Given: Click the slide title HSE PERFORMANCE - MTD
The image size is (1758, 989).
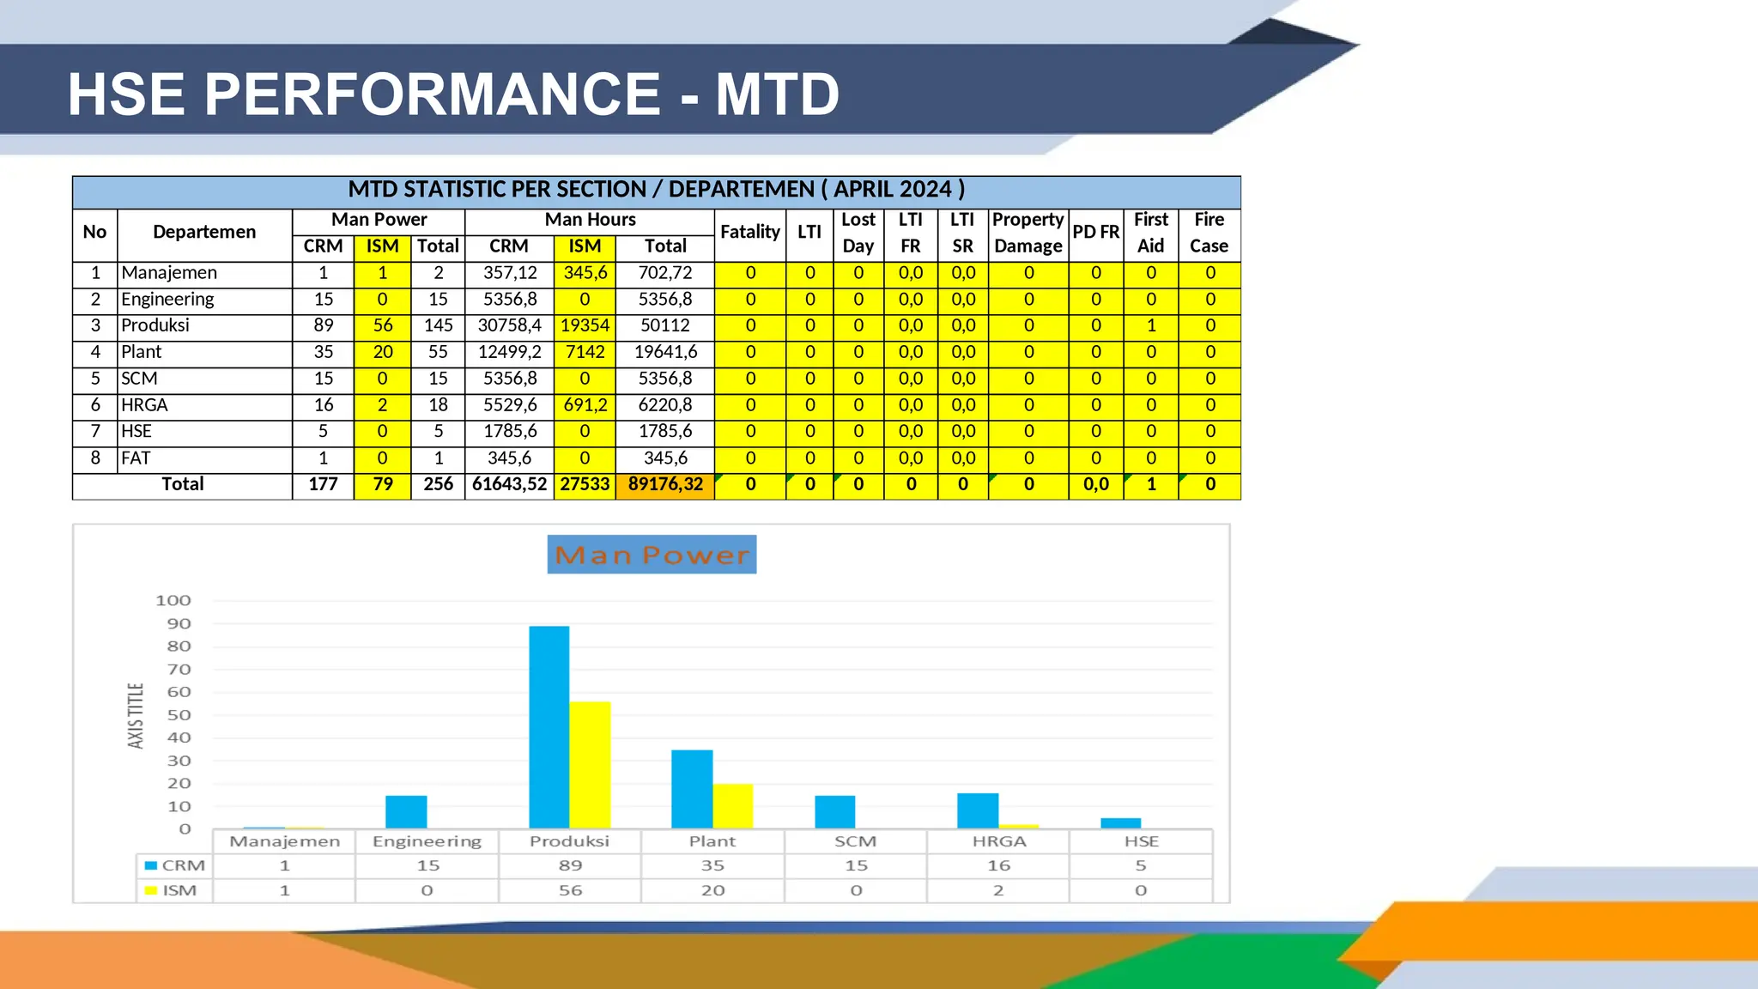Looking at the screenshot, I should click(x=453, y=94).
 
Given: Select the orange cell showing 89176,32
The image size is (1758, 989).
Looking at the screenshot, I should click(x=665, y=485).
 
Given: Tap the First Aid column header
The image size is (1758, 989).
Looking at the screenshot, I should click(x=1150, y=233).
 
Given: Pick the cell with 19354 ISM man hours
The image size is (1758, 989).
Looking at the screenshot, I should click(x=585, y=326).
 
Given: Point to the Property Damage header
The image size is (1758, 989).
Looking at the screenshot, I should click(x=1028, y=233).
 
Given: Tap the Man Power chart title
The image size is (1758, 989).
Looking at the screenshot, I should click(x=652, y=555).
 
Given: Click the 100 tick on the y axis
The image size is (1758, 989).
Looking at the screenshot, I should click(x=173, y=601).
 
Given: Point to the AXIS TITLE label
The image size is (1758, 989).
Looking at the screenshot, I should click(x=136, y=716).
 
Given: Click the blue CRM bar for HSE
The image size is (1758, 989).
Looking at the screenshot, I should click(x=1120, y=823).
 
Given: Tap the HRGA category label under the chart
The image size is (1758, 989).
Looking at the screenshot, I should click(x=999, y=842).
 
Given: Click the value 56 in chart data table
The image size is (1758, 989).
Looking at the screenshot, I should click(x=570, y=891).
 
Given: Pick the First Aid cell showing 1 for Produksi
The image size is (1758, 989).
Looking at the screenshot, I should click(x=1150, y=326).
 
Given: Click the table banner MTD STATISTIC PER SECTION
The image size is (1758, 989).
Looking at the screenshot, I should click(x=656, y=190).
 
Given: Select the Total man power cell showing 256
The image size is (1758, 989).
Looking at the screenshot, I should click(x=438, y=485).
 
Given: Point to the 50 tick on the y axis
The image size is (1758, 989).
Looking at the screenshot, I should click(x=179, y=715).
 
